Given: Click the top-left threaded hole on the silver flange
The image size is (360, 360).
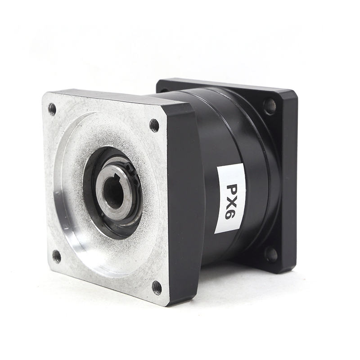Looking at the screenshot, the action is (53, 109).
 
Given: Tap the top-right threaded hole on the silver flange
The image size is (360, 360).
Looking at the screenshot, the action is (154, 126).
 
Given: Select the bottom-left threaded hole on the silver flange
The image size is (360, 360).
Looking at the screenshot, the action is (57, 256).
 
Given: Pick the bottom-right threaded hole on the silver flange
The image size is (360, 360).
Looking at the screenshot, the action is (157, 288).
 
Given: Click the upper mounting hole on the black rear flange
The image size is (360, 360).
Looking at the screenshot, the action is (270, 106).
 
